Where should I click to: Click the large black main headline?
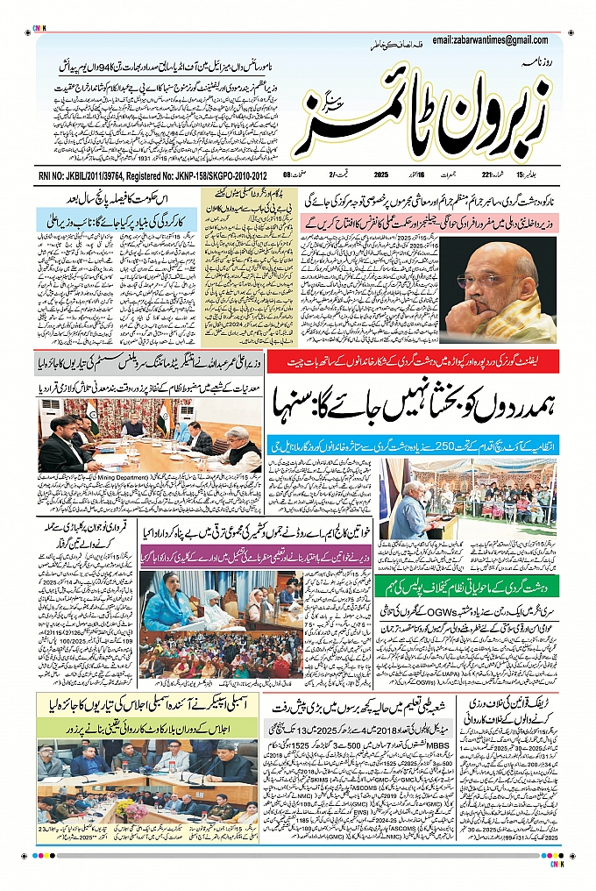point(411,403)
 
